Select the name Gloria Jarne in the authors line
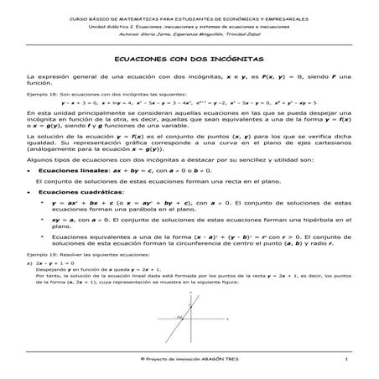coord(151,35)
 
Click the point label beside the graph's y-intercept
coord(179,316)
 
